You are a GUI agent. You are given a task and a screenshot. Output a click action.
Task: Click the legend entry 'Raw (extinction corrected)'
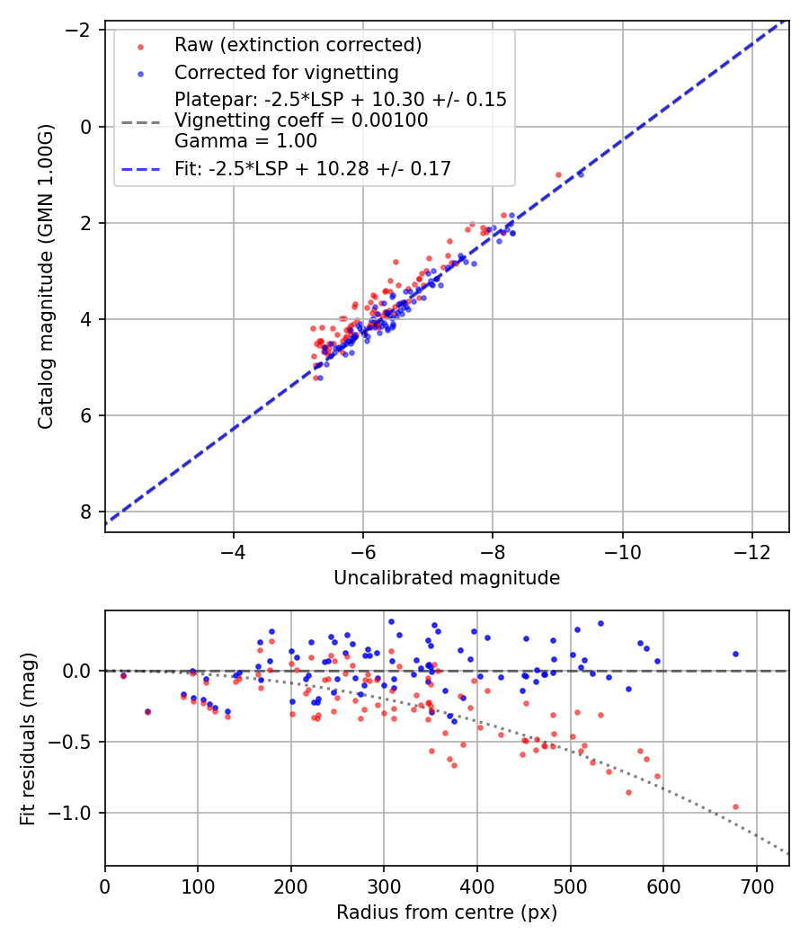click(x=298, y=45)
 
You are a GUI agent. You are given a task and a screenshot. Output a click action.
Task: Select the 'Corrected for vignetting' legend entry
click(x=287, y=72)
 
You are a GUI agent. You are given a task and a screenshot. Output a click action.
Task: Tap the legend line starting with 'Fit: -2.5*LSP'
click(x=312, y=168)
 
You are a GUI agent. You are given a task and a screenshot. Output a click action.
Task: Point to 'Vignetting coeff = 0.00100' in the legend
click(x=301, y=120)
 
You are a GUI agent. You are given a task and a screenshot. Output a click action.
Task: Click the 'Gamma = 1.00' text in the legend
click(x=245, y=141)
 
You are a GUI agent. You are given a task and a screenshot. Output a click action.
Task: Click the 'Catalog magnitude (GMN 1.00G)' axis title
click(x=46, y=277)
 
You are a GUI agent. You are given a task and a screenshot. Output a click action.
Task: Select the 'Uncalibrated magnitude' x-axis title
click(x=447, y=578)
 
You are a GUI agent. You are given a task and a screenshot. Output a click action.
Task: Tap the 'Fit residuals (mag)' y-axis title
click(x=28, y=738)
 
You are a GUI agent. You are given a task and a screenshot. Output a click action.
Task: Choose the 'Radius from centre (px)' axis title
click(x=447, y=913)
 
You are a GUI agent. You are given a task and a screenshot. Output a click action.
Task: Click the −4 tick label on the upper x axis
click(x=234, y=548)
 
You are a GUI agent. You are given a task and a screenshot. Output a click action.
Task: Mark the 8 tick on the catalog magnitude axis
click(x=86, y=512)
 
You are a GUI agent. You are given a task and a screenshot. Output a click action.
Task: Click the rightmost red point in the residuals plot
click(x=735, y=806)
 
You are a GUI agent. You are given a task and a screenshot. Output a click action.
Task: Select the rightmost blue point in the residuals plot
click(x=735, y=654)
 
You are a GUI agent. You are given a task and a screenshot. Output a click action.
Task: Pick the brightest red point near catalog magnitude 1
click(x=558, y=174)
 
